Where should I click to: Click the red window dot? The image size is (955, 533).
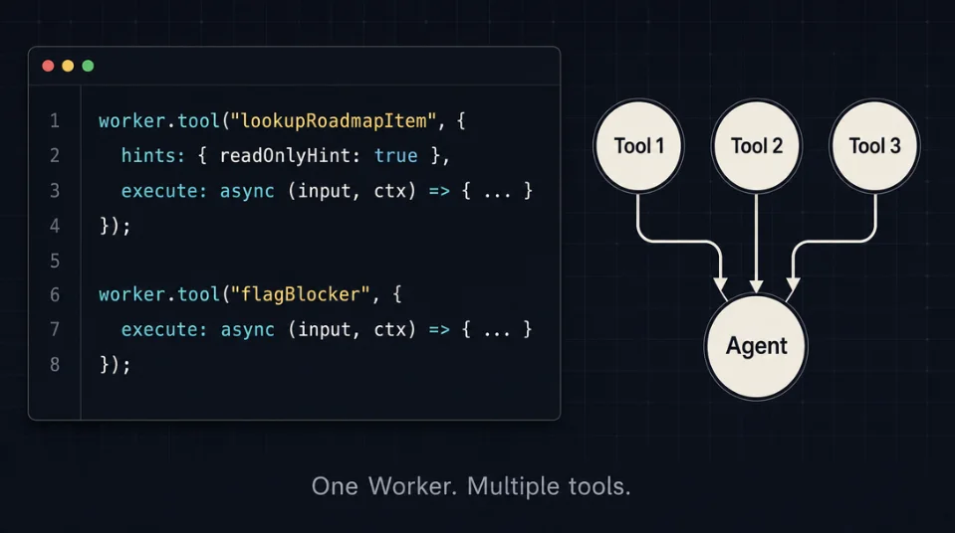coord(48,66)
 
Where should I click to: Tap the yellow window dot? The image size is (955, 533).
coord(68,66)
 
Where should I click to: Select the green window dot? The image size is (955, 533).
coord(88,66)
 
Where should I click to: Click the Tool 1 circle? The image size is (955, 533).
coord(638,146)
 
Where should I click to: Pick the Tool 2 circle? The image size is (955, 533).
coord(757,146)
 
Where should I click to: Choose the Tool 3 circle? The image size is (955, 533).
coord(874,146)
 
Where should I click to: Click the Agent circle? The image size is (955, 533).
coord(756,346)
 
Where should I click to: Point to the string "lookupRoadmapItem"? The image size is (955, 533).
coord(334,120)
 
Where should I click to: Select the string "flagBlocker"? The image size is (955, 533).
coord(301,294)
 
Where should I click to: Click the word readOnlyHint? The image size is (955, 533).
coord(286,156)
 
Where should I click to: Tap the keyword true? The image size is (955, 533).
coord(396,156)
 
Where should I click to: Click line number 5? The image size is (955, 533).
coord(55,261)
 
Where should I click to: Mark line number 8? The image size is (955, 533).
coord(55,365)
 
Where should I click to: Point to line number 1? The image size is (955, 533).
coord(55,121)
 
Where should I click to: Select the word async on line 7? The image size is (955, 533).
coord(247,330)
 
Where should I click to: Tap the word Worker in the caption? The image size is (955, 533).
coord(412,486)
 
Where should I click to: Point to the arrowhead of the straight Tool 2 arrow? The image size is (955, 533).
coord(757,286)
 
